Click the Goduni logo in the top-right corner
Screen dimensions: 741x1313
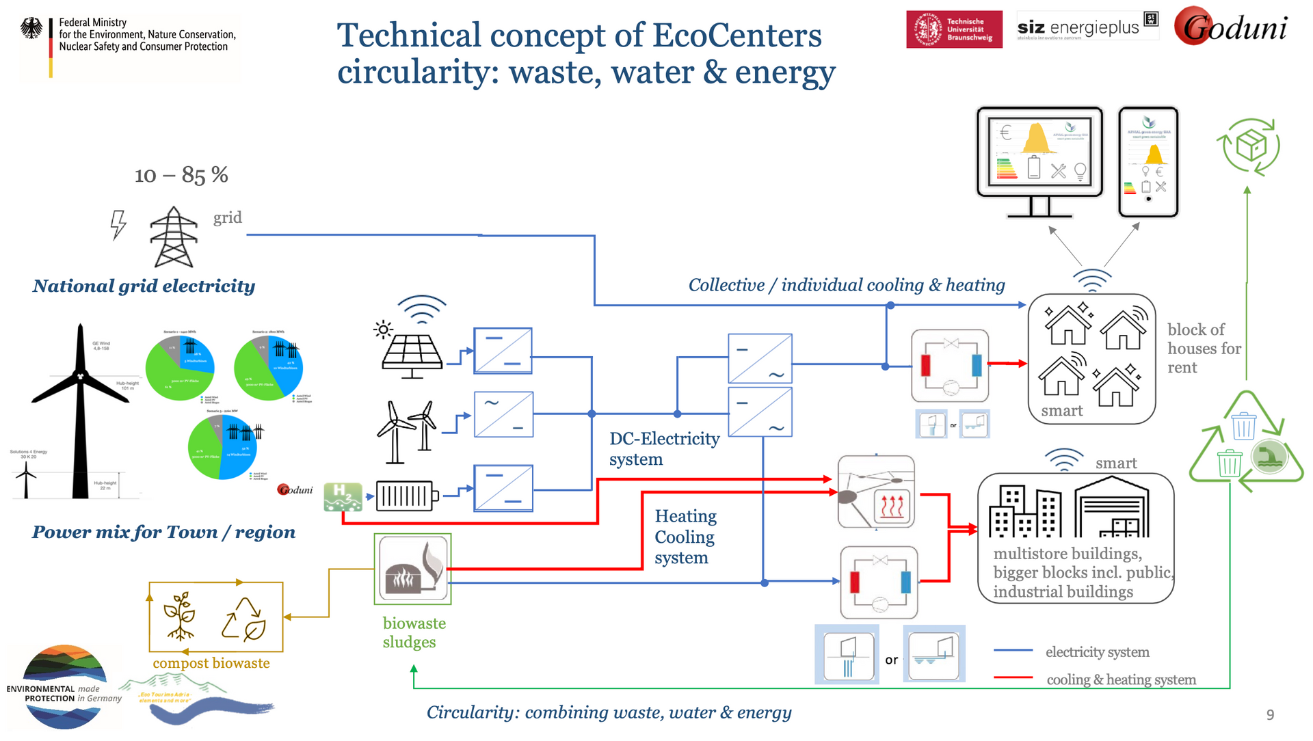(x=1231, y=27)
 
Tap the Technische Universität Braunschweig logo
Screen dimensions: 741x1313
(x=954, y=29)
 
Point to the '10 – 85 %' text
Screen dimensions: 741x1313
(x=181, y=175)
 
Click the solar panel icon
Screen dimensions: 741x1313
(x=412, y=349)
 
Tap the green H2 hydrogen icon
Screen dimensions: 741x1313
(x=343, y=497)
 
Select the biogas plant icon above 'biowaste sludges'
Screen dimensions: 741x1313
(x=412, y=569)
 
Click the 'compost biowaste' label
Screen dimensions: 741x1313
(x=211, y=663)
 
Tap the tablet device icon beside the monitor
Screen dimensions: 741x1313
(x=1148, y=161)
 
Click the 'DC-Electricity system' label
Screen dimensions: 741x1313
(x=663, y=448)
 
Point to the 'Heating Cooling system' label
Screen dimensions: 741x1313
(x=685, y=537)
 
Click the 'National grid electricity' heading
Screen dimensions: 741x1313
(x=144, y=286)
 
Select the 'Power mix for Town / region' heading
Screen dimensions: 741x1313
(x=163, y=532)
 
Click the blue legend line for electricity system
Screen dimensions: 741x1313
(x=1013, y=651)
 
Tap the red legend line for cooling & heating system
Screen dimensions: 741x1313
(x=1013, y=677)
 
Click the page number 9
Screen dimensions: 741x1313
(x=1270, y=715)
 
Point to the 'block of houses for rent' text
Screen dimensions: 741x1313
(x=1203, y=349)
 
